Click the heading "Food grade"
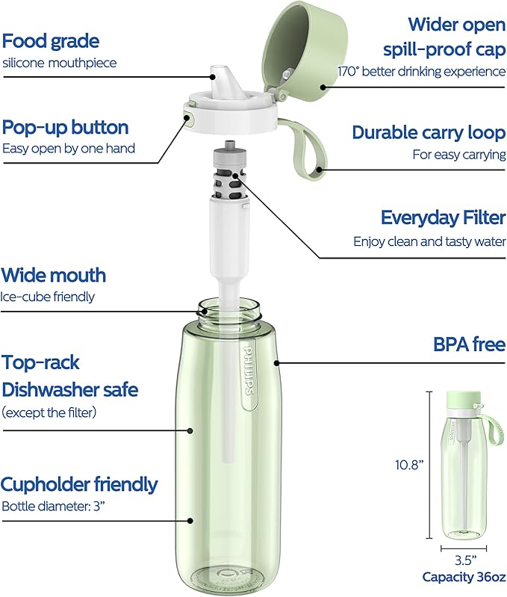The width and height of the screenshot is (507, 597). point(51,41)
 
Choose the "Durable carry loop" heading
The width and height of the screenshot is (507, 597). point(429,132)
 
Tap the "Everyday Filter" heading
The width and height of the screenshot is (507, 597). point(443,217)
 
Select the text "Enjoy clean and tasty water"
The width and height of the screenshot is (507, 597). point(429,241)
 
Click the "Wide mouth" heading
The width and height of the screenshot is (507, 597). point(54,275)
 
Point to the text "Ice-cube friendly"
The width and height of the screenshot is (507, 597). point(48,297)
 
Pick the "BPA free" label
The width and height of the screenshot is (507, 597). point(470,344)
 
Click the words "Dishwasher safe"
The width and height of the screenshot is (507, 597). point(70,389)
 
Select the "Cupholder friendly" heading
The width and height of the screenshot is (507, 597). point(79,484)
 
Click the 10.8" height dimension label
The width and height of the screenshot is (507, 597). point(410,465)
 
